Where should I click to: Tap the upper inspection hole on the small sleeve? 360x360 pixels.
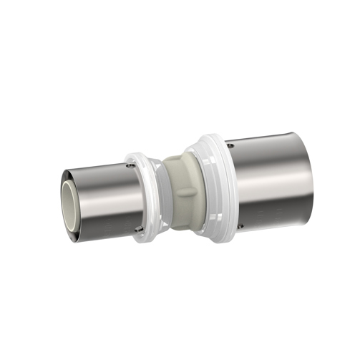[129, 165]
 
